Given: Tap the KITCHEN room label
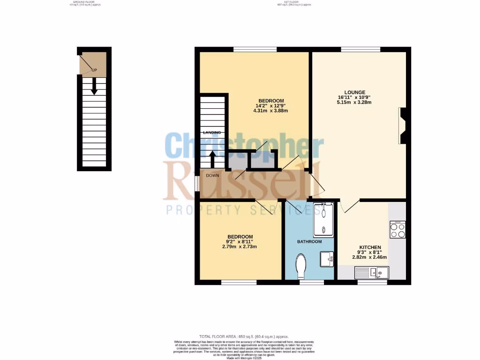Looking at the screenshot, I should [x=370, y=247].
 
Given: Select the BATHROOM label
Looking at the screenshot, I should [x=309, y=242].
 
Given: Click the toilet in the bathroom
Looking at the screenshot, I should [x=301, y=265].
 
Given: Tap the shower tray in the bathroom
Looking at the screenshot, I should [x=323, y=219].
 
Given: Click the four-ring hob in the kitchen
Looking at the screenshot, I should [x=397, y=230].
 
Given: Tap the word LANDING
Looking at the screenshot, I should [x=212, y=133].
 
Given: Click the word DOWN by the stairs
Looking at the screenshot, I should [x=212, y=176].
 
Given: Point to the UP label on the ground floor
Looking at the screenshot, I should [x=94, y=70].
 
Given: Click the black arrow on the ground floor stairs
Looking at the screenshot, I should [x=94, y=86].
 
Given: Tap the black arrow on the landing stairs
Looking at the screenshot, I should [x=212, y=158].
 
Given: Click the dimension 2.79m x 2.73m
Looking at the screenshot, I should [x=240, y=247].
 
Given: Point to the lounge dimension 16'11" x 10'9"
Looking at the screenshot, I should [x=354, y=97].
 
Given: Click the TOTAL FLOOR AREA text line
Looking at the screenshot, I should [x=244, y=337].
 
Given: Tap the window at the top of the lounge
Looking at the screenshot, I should [x=360, y=49].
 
